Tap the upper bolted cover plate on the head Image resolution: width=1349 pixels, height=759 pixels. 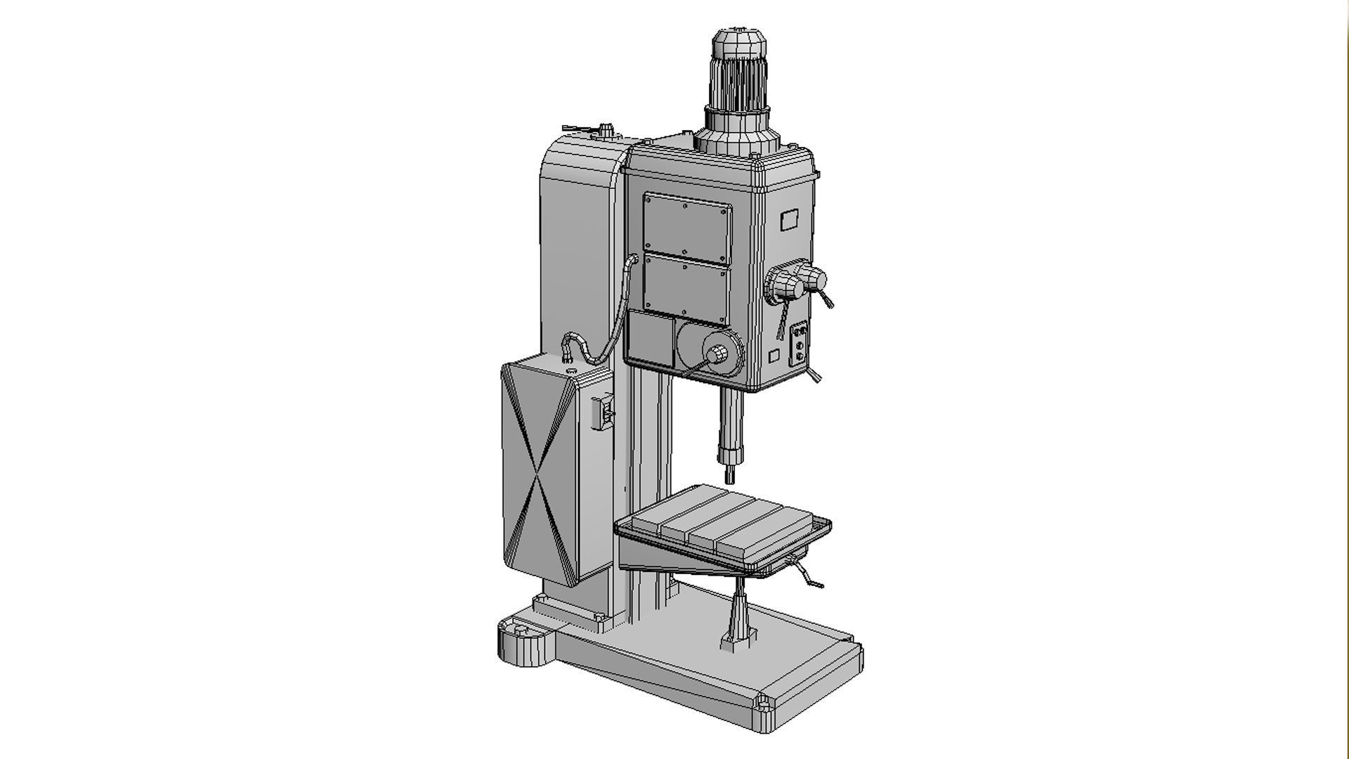click(x=687, y=227)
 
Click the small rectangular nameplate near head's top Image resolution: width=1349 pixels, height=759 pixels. click(x=789, y=220)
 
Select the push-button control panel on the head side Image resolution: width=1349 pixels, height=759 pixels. click(x=799, y=344)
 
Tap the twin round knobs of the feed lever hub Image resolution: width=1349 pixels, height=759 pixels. click(x=797, y=281)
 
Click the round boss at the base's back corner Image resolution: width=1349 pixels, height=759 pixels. click(x=523, y=641)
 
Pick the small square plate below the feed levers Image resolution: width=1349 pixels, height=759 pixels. click(x=774, y=356)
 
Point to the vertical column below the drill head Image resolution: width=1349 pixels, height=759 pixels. click(x=646, y=450)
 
